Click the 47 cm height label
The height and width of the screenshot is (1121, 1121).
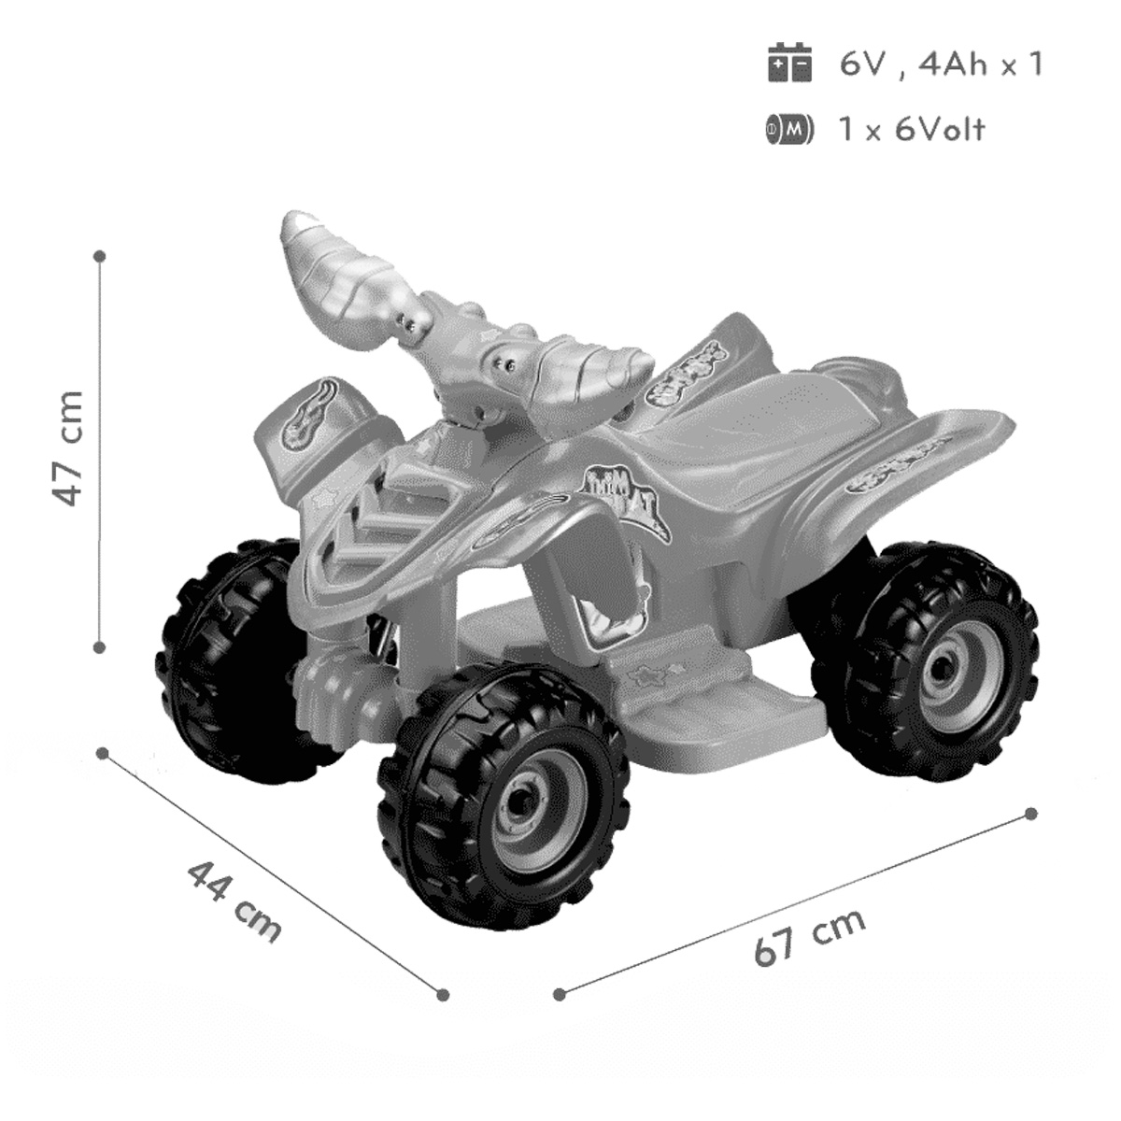71,448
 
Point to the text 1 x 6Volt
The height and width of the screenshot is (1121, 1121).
912,128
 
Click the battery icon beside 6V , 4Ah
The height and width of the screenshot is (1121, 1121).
790,64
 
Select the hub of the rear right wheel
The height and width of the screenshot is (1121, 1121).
944,659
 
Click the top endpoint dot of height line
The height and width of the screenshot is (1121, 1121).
100,254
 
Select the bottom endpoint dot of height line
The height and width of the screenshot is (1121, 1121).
100,645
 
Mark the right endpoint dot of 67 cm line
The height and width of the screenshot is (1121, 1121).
1031,814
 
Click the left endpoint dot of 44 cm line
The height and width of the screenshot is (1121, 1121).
104,752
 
